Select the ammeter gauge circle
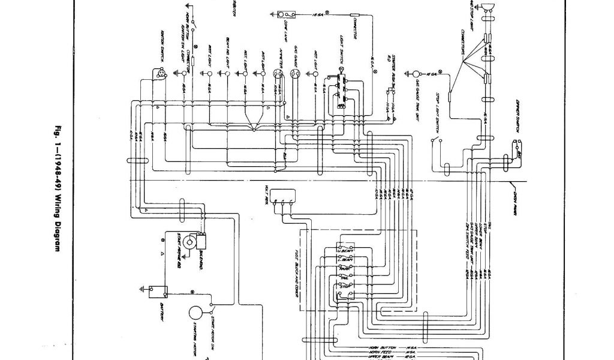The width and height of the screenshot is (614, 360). [277, 74]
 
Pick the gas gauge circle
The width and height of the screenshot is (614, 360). [294, 74]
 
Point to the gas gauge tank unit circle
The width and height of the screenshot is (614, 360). [417, 73]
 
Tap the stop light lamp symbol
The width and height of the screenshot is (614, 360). [487, 7]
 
